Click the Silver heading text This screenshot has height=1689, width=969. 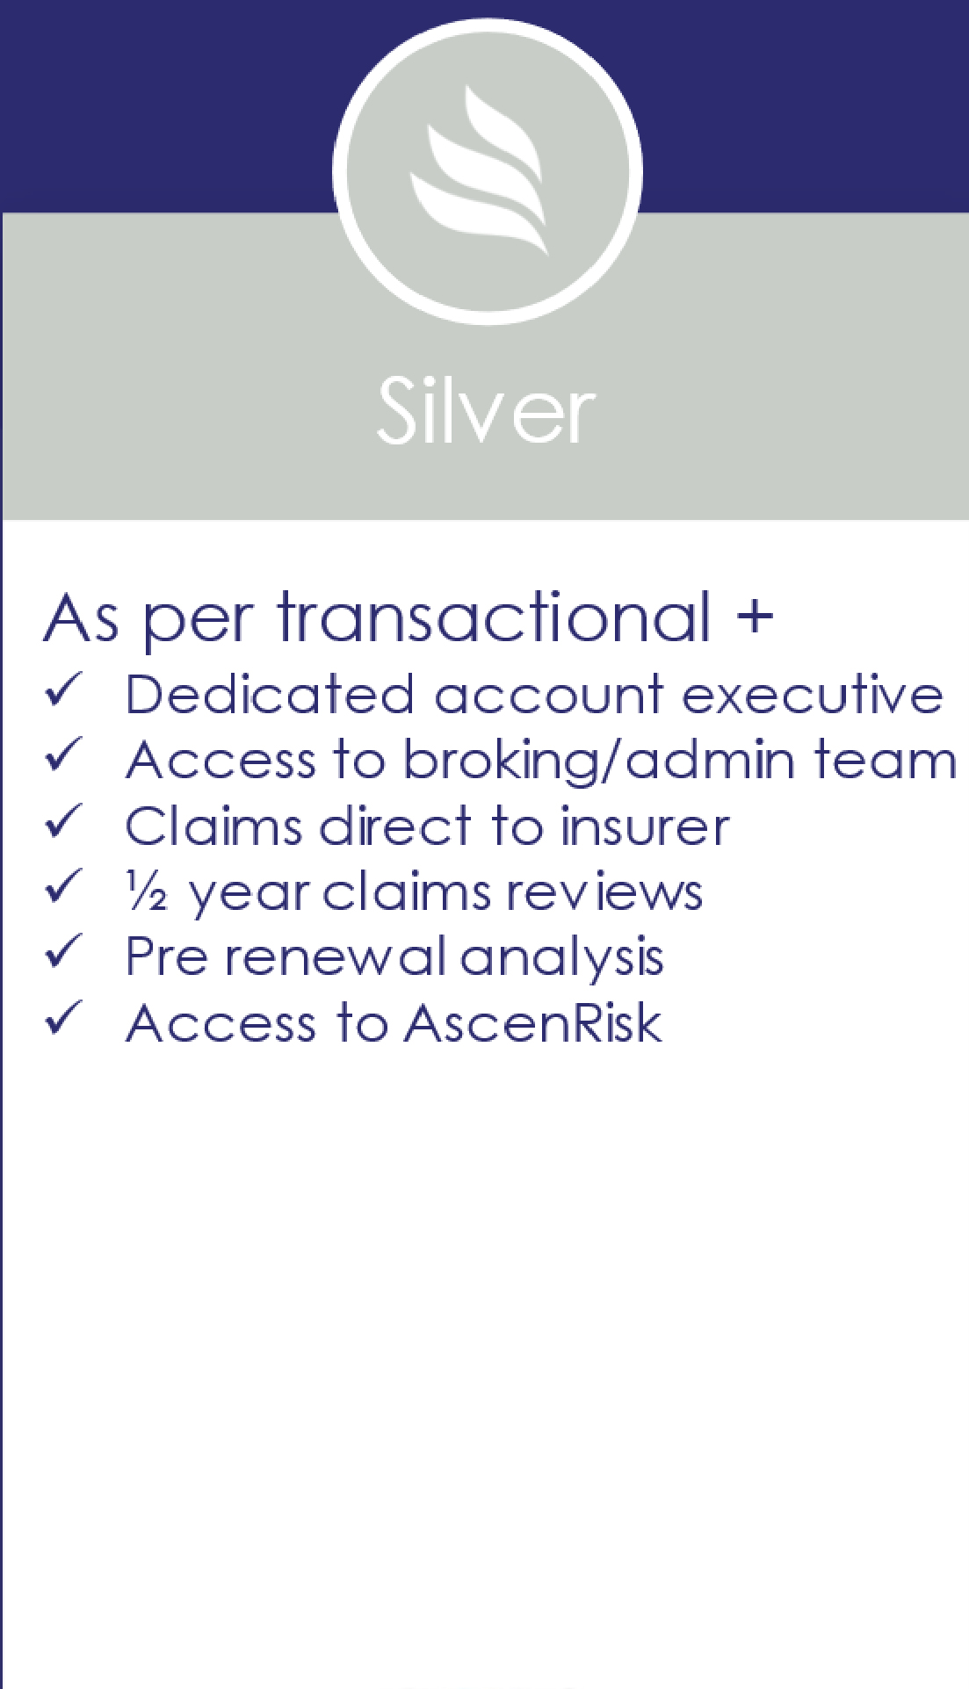coord(486,409)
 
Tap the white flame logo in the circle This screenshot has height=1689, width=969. coord(479,170)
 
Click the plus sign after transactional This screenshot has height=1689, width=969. coord(755,617)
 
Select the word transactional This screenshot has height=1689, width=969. coord(495,617)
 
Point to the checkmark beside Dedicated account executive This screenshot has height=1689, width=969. coord(63,690)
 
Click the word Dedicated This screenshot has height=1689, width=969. coord(270,694)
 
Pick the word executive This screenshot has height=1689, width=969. coord(813,695)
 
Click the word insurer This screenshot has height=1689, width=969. coord(646,826)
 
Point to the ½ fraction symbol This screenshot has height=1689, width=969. coord(147,891)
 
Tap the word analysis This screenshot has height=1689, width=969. coord(562,958)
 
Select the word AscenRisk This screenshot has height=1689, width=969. coord(533,1023)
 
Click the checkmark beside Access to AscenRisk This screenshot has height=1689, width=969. coord(63,1018)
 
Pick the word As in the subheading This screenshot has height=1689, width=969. coord(81,618)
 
